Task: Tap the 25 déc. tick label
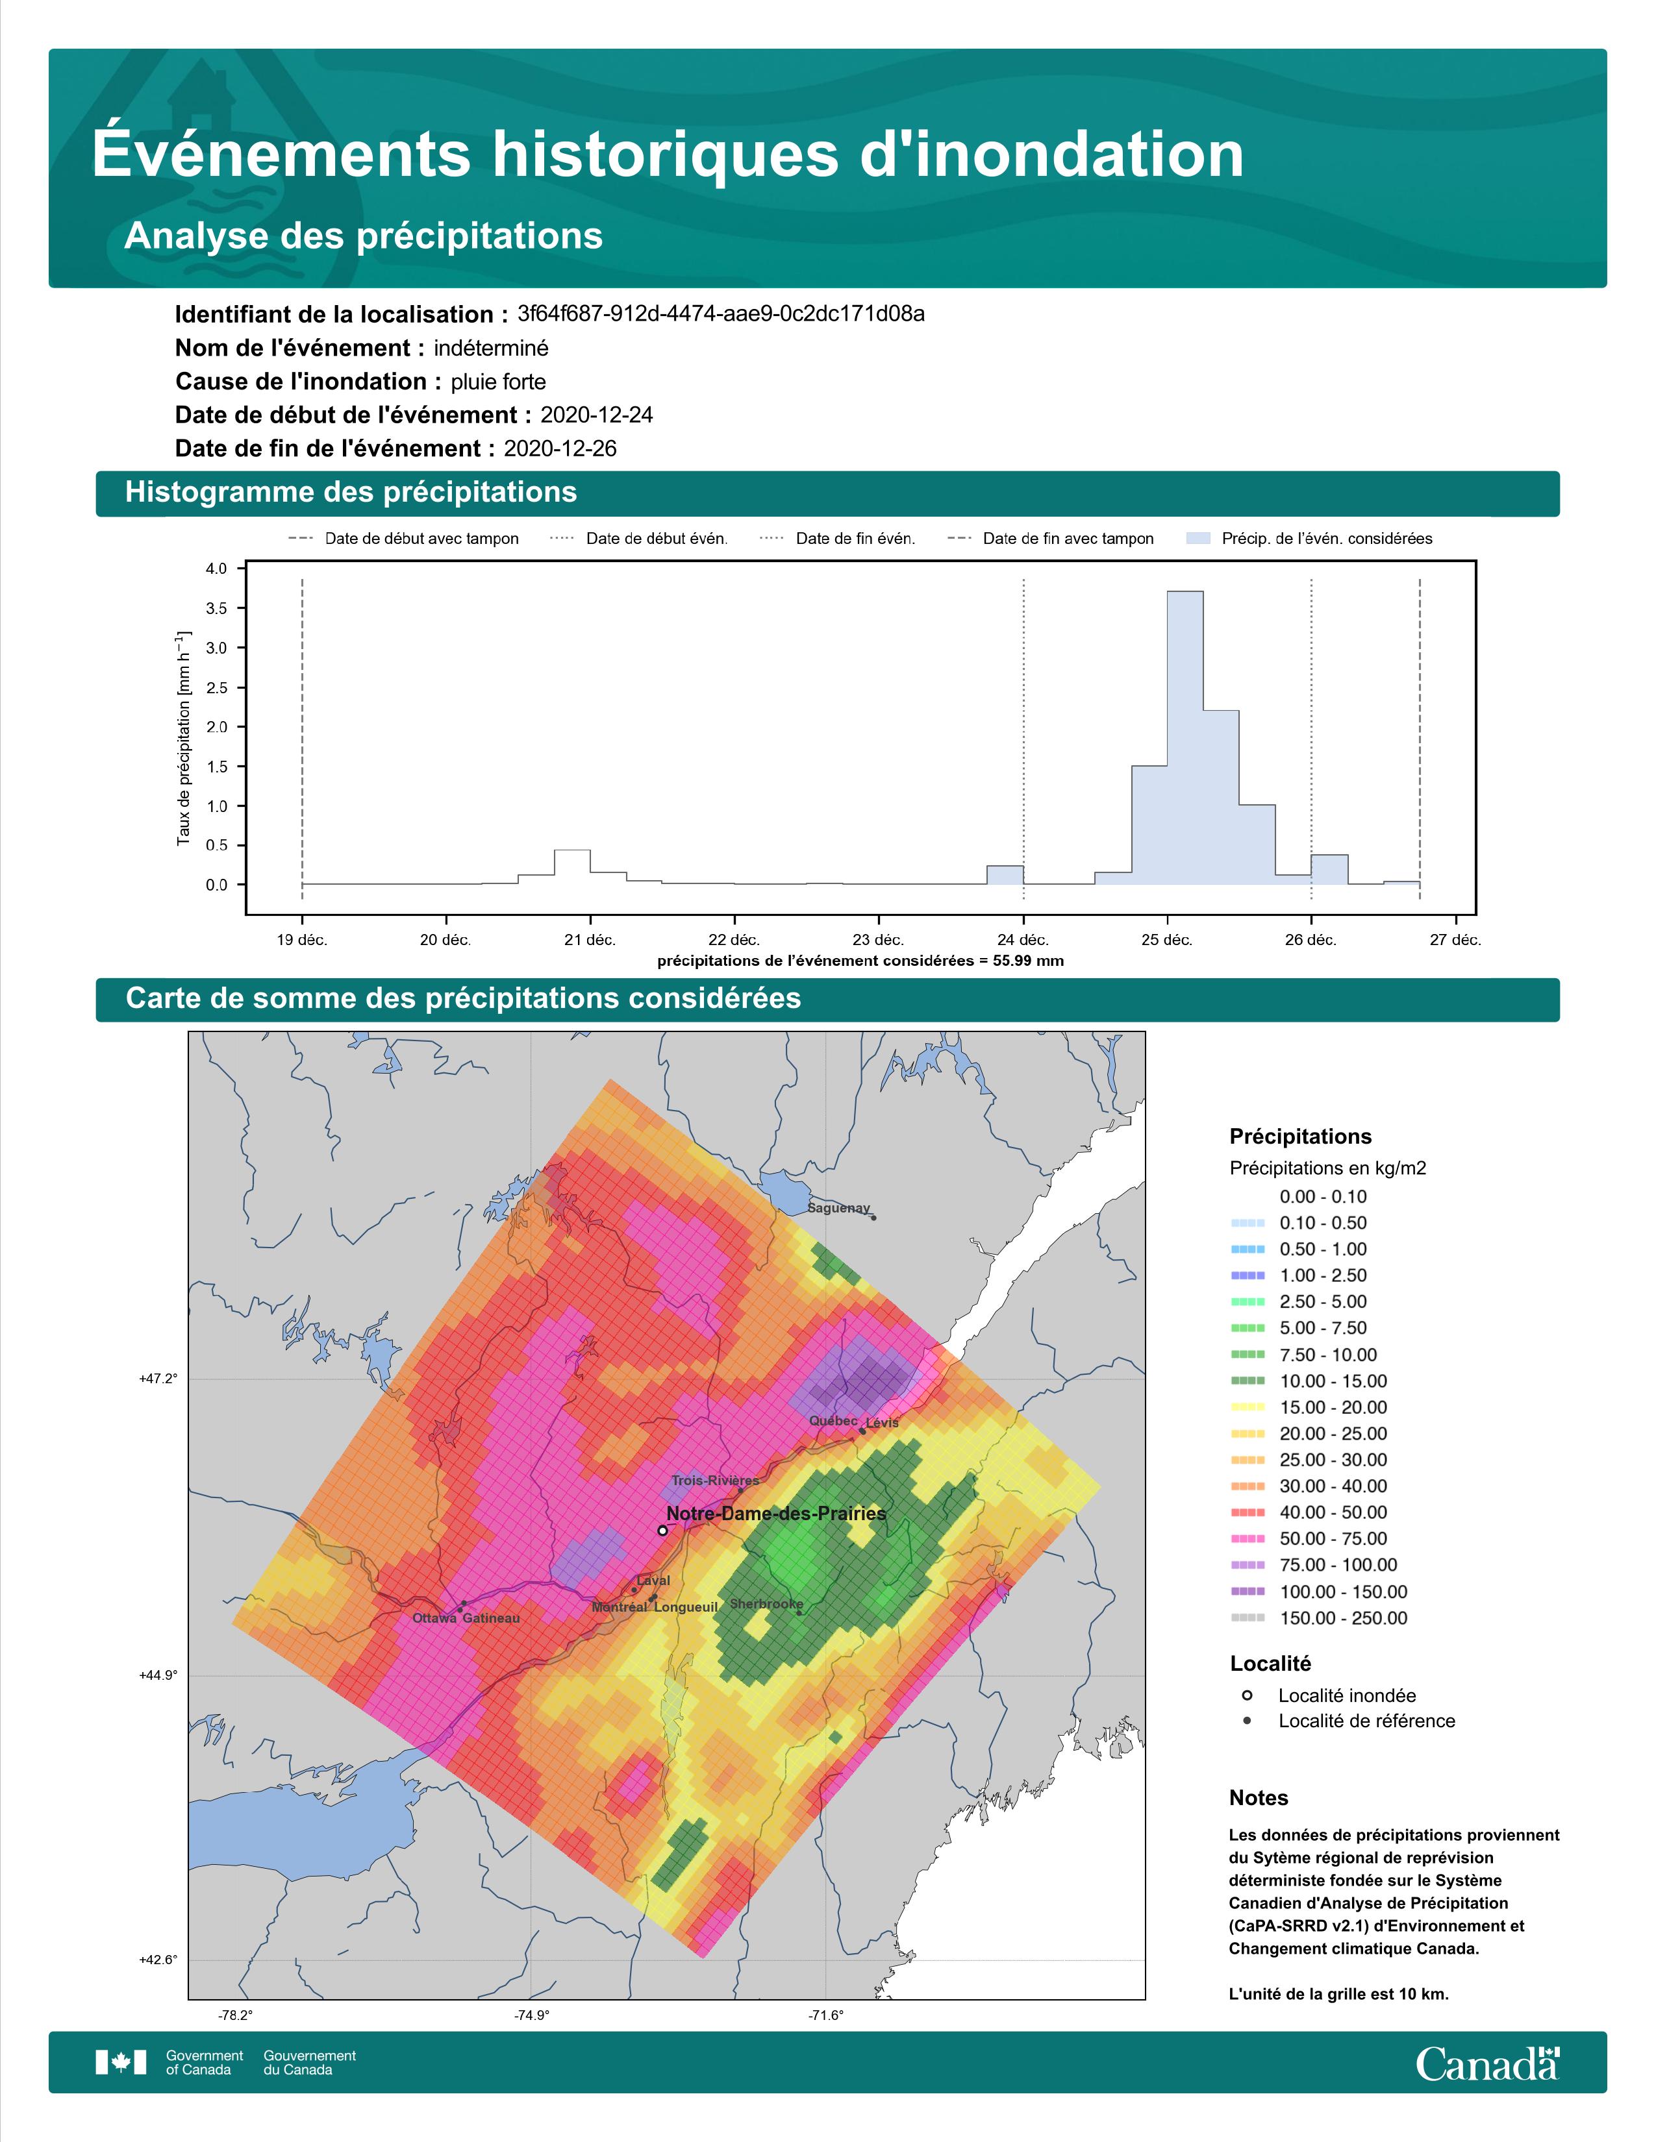point(1166,940)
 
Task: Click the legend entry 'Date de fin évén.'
point(837,539)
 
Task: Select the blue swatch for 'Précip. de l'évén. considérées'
point(1198,539)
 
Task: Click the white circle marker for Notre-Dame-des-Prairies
point(662,1530)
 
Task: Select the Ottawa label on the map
point(434,1618)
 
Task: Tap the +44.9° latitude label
point(159,1675)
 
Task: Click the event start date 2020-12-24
point(596,415)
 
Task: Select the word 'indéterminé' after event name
point(492,348)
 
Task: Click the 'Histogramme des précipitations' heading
point(351,493)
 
